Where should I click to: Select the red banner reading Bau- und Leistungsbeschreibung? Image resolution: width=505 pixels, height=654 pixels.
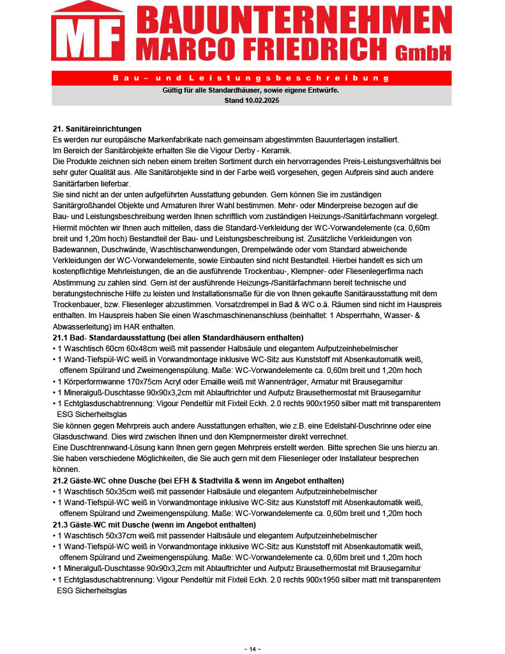pos(251,78)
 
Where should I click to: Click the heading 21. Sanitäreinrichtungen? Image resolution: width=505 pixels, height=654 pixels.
pos(97,128)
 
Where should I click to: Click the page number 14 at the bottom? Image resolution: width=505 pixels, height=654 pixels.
pos(252,649)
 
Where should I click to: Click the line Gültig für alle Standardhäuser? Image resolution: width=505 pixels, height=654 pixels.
pos(251,91)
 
